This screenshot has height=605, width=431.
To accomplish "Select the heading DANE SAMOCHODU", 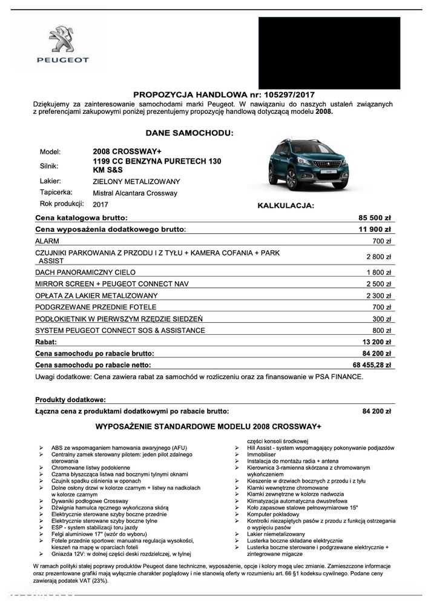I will (189, 131).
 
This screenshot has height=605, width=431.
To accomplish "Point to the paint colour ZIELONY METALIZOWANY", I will (136, 181).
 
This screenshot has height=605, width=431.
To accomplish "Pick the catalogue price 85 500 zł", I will (375, 217).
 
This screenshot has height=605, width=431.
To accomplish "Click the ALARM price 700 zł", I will (383, 241).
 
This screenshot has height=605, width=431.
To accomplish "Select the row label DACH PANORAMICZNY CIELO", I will (85, 273).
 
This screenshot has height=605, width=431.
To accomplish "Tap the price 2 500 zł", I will (380, 284).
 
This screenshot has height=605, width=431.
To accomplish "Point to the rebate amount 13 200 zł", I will (377, 342).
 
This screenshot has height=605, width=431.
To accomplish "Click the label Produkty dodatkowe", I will (70, 400).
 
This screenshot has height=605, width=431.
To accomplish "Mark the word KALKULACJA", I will (286, 206).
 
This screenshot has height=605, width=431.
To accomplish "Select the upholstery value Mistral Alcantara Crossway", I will (135, 193).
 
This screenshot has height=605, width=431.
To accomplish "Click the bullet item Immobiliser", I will (262, 454).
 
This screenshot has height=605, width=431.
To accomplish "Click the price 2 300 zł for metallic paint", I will (380, 296).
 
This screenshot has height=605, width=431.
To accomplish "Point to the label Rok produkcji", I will (62, 203).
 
